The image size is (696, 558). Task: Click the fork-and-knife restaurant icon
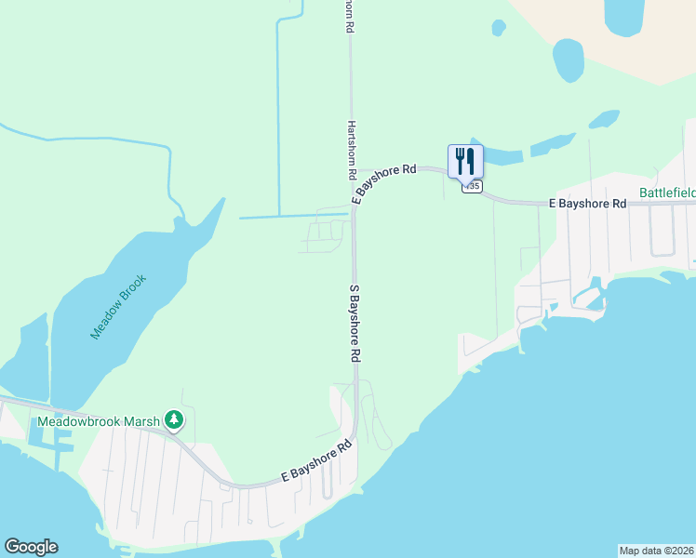[x=465, y=160]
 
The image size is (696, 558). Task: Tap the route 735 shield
[x=473, y=186]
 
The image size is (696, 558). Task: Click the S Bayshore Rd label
[x=355, y=323]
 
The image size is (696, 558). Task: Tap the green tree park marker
[x=173, y=421]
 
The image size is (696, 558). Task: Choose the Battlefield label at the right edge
[x=667, y=193]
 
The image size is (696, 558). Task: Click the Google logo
[x=31, y=547]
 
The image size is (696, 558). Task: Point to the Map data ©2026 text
[x=656, y=550]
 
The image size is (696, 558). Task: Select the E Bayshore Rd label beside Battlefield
[x=586, y=202]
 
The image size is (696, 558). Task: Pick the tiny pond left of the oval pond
[x=499, y=28]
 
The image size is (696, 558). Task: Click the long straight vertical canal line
[x=278, y=112]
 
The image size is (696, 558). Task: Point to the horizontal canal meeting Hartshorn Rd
[x=293, y=217]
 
